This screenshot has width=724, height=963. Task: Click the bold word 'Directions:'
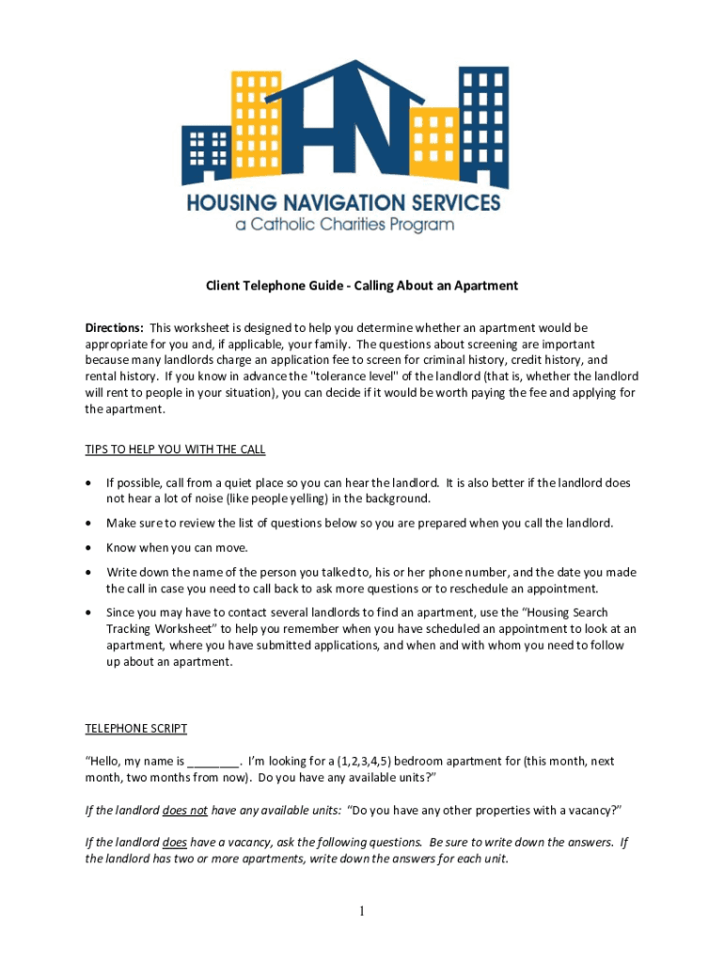[x=114, y=328]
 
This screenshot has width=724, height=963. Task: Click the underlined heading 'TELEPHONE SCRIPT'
[x=136, y=729]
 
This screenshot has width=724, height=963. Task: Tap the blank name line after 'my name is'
[x=213, y=762]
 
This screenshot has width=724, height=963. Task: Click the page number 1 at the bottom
[x=362, y=911]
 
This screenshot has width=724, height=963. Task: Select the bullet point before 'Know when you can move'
[x=89, y=547]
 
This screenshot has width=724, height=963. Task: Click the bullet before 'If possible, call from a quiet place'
[x=89, y=483]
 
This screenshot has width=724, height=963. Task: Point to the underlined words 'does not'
[x=184, y=810]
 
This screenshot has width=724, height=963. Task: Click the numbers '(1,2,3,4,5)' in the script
[x=365, y=762]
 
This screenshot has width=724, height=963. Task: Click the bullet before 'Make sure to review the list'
[x=89, y=523]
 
